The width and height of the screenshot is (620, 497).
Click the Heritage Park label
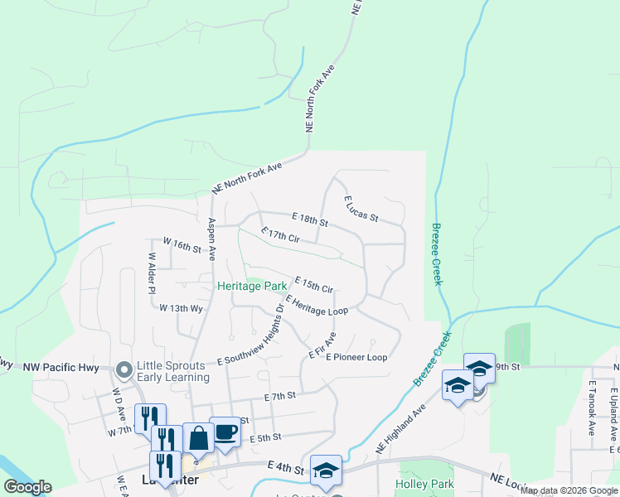[252, 286]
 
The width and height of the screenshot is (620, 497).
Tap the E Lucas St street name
[361, 209]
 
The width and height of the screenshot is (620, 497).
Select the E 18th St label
[310, 219]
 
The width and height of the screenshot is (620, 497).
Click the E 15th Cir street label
[313, 284]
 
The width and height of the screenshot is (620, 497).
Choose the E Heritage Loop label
[316, 304]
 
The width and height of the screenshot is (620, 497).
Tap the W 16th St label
[182, 245]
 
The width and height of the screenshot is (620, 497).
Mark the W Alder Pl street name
[152, 274]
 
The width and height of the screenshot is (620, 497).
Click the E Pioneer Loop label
[356, 358]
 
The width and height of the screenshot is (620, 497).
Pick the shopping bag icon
[198, 437]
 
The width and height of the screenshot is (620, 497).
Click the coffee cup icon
[225, 431]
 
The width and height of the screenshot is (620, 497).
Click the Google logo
[27, 486]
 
